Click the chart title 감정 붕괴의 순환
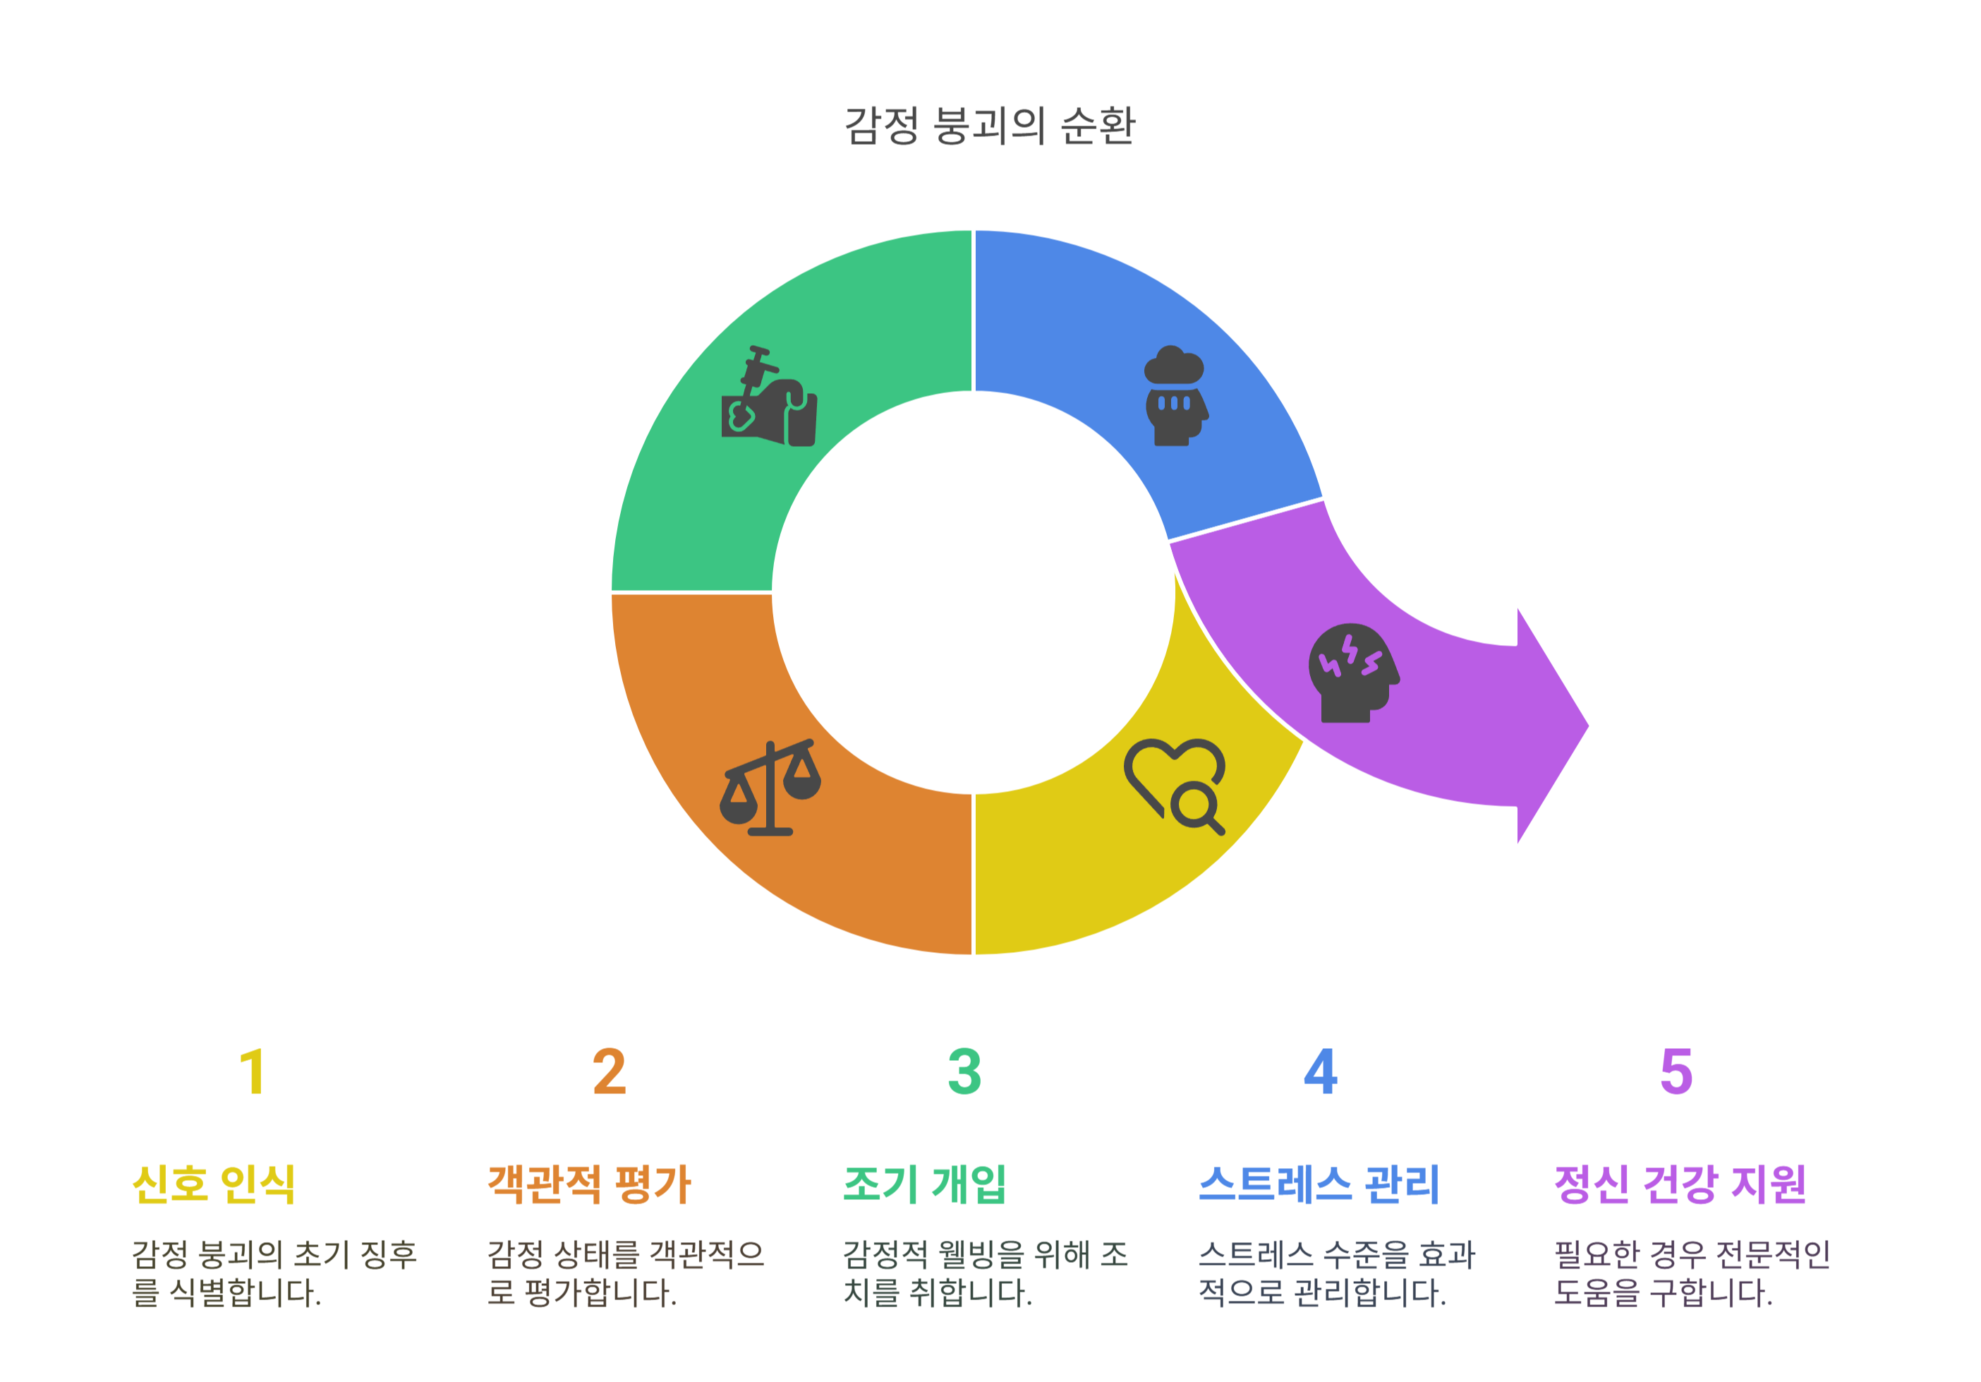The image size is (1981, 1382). click(x=990, y=126)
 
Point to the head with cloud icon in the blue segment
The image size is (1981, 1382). click(x=1175, y=397)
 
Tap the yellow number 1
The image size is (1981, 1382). click(x=252, y=1072)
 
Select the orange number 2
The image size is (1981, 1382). click(x=609, y=1072)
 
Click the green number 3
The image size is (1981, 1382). click(x=964, y=1072)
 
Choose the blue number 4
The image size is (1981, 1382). click(x=1320, y=1072)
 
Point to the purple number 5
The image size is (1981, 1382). click(x=1676, y=1072)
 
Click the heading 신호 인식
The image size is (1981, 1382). click(x=214, y=1184)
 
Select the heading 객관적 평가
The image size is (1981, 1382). click(x=589, y=1184)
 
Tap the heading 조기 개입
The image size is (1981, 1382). click(x=924, y=1184)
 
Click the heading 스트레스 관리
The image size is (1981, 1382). click(x=1319, y=1184)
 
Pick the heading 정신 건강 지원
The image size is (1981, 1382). click(x=1680, y=1184)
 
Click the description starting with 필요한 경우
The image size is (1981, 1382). click(x=1691, y=1273)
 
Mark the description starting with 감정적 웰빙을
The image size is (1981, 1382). click(x=986, y=1273)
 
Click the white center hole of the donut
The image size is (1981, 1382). click(x=974, y=592)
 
